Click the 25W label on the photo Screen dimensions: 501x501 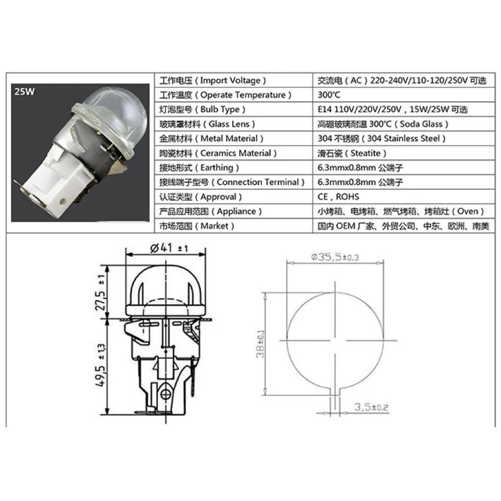coord(24,91)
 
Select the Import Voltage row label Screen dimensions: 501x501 coord(212,81)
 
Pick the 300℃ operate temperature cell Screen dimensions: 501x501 coord(329,95)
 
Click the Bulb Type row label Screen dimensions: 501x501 coord(202,110)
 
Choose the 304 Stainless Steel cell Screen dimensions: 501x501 coord(382,138)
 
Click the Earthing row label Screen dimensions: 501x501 coord(199,168)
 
